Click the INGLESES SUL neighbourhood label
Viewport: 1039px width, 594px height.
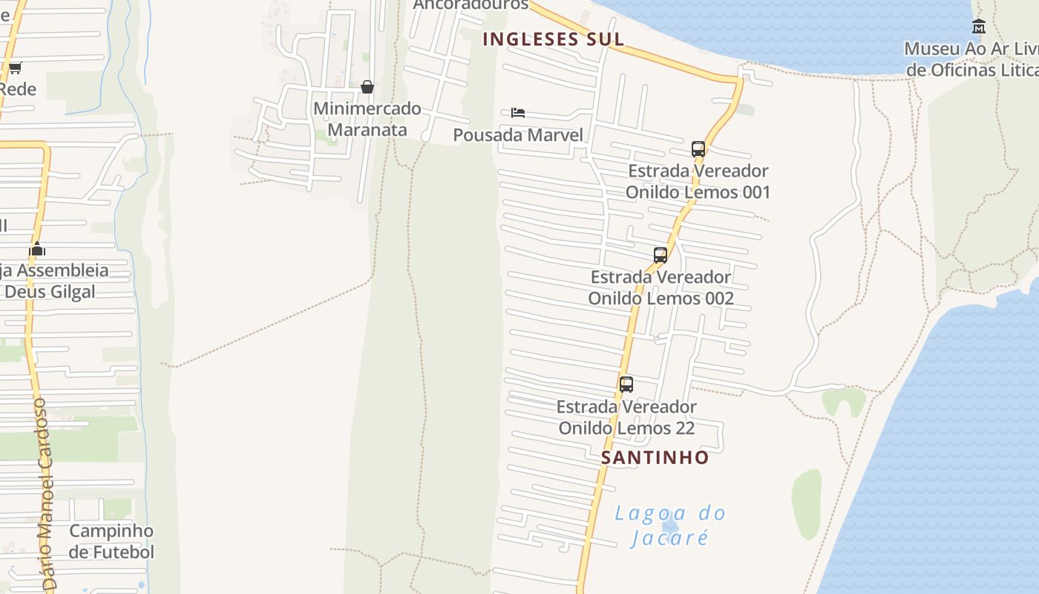553,39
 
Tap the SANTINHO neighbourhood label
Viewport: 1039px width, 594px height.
655,457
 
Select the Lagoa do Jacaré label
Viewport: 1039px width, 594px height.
670,525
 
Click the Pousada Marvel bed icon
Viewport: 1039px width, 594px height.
518,113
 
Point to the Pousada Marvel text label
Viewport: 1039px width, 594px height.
518,135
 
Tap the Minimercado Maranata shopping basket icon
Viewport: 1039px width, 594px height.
367,87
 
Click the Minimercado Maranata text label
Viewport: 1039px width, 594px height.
367,119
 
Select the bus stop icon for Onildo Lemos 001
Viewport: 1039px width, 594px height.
698,148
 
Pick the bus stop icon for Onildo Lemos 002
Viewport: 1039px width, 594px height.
661,255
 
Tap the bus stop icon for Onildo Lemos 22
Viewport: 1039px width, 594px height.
626,385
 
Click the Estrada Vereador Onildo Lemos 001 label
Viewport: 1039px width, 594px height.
698,182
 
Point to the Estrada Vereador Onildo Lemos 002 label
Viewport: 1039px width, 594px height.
661,287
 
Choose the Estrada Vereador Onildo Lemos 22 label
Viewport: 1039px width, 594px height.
627,417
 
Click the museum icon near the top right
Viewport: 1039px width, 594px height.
979,27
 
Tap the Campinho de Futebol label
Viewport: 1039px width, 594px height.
111,541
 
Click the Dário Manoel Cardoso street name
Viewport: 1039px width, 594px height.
46,494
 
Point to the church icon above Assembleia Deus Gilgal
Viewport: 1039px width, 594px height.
37,249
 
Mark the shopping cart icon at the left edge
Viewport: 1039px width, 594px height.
15,68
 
